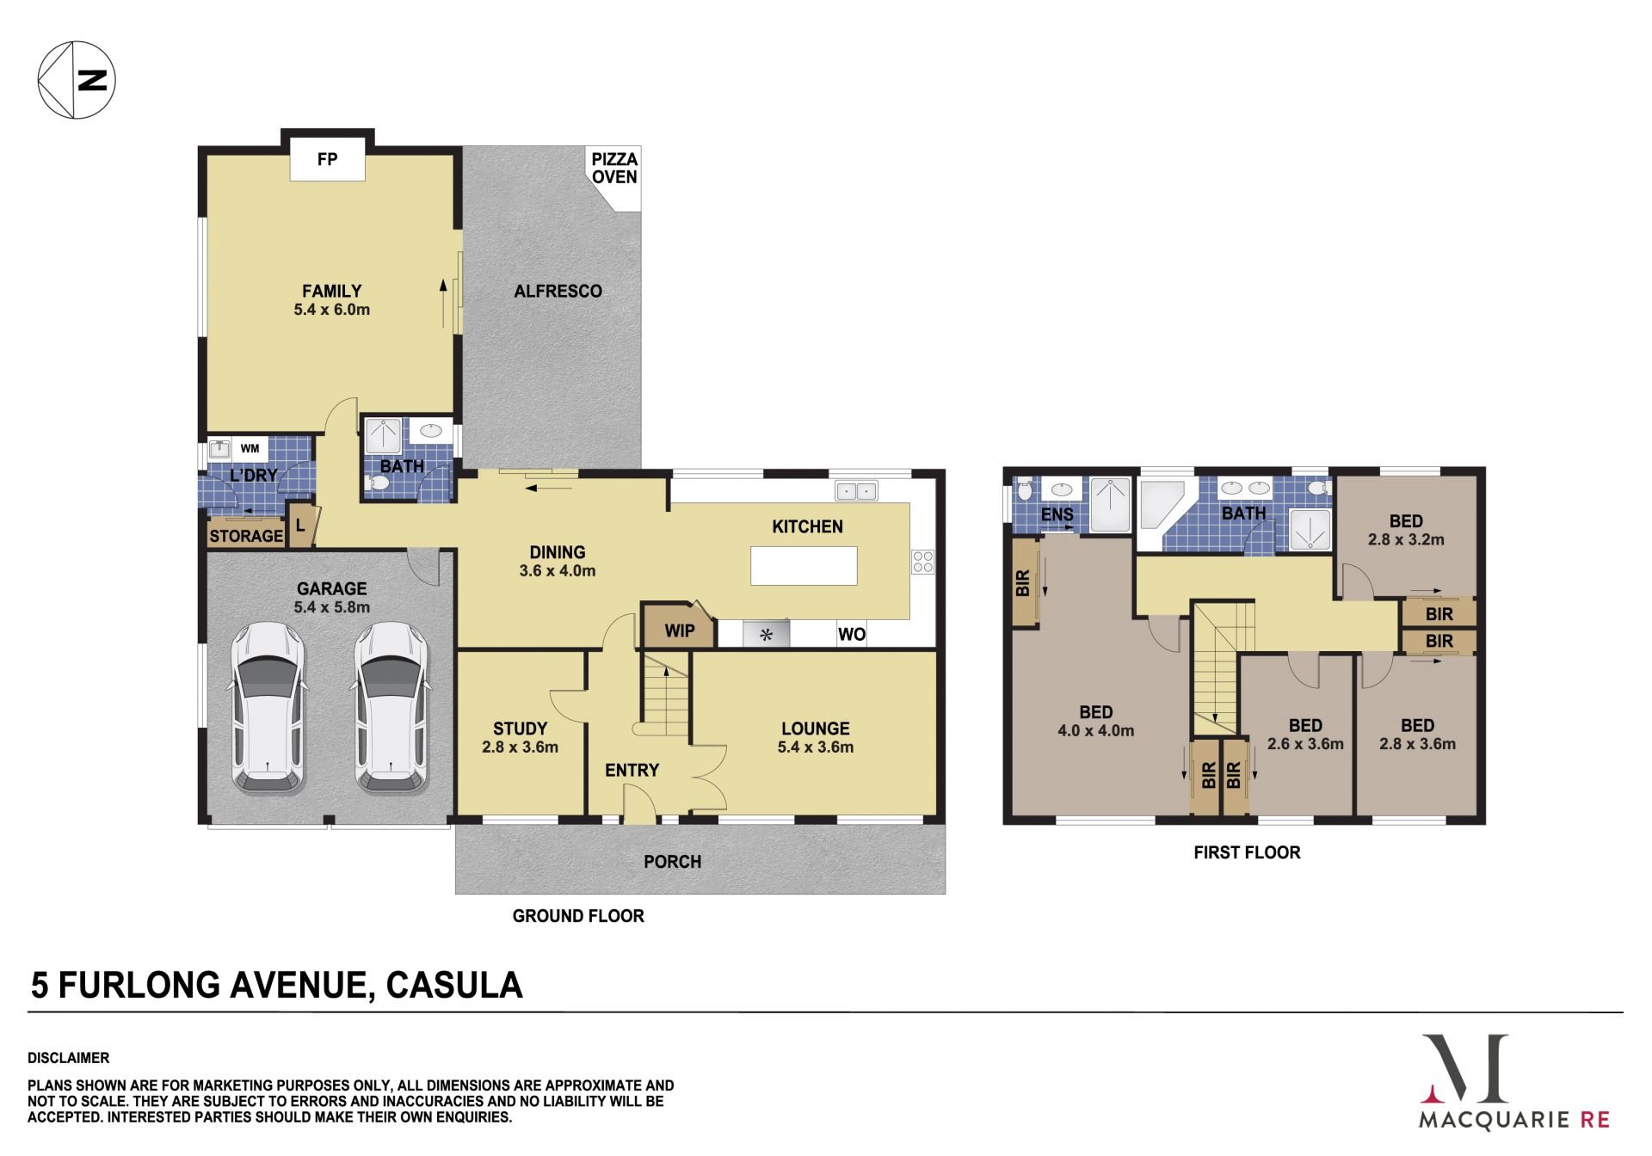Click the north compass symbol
click(x=77, y=80)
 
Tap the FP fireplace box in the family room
click(x=327, y=159)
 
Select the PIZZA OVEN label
click(x=614, y=168)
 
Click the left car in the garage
click(x=268, y=707)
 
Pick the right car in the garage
click(x=391, y=707)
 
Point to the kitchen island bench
click(x=804, y=566)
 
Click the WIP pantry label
click(x=680, y=630)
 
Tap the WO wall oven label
click(x=852, y=634)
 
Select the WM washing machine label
click(x=250, y=448)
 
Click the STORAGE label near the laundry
click(x=246, y=536)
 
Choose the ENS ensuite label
click(x=1057, y=514)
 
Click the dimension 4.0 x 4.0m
click(x=1095, y=731)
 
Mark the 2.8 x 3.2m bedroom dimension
click(x=1406, y=539)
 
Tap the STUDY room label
click(x=520, y=729)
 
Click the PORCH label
click(x=673, y=861)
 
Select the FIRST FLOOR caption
click(x=1247, y=852)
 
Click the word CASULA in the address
click(x=454, y=985)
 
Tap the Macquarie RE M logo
click(x=1464, y=1069)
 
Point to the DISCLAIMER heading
click(x=69, y=1058)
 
